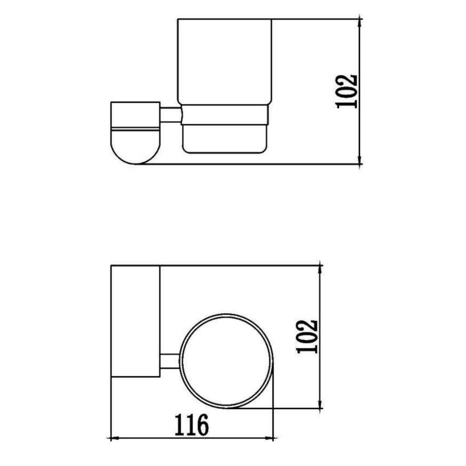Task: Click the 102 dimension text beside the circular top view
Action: point(308,336)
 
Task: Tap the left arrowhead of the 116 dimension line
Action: point(112,439)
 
